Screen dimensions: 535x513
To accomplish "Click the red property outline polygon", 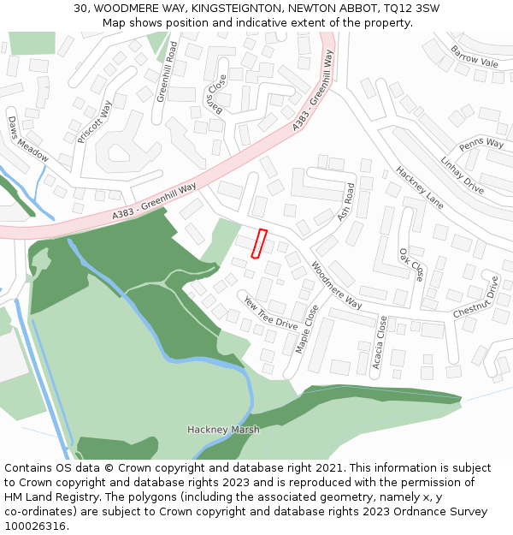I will coord(259,243).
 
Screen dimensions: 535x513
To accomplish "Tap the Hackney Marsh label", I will coord(223,430).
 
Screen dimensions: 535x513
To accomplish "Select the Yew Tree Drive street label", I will coord(271,314).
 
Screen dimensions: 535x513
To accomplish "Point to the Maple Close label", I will coord(306,330).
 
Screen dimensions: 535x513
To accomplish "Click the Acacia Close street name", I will coord(381,342).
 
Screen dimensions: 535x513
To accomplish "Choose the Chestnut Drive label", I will coord(476,297).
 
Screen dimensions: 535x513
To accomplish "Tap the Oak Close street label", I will coord(411,265).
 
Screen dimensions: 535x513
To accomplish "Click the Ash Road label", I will coord(345,202).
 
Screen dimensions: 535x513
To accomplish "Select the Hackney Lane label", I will coord(420,187).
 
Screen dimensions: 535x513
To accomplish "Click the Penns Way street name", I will coord(481,143).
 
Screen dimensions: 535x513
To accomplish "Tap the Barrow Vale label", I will coord(474,57).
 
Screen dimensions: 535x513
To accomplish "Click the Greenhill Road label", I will coord(166,71).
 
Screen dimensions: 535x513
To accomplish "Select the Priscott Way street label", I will coord(95,122).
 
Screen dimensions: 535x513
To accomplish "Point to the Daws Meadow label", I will coord(28,139).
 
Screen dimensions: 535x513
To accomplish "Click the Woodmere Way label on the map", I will coord(336,285).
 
